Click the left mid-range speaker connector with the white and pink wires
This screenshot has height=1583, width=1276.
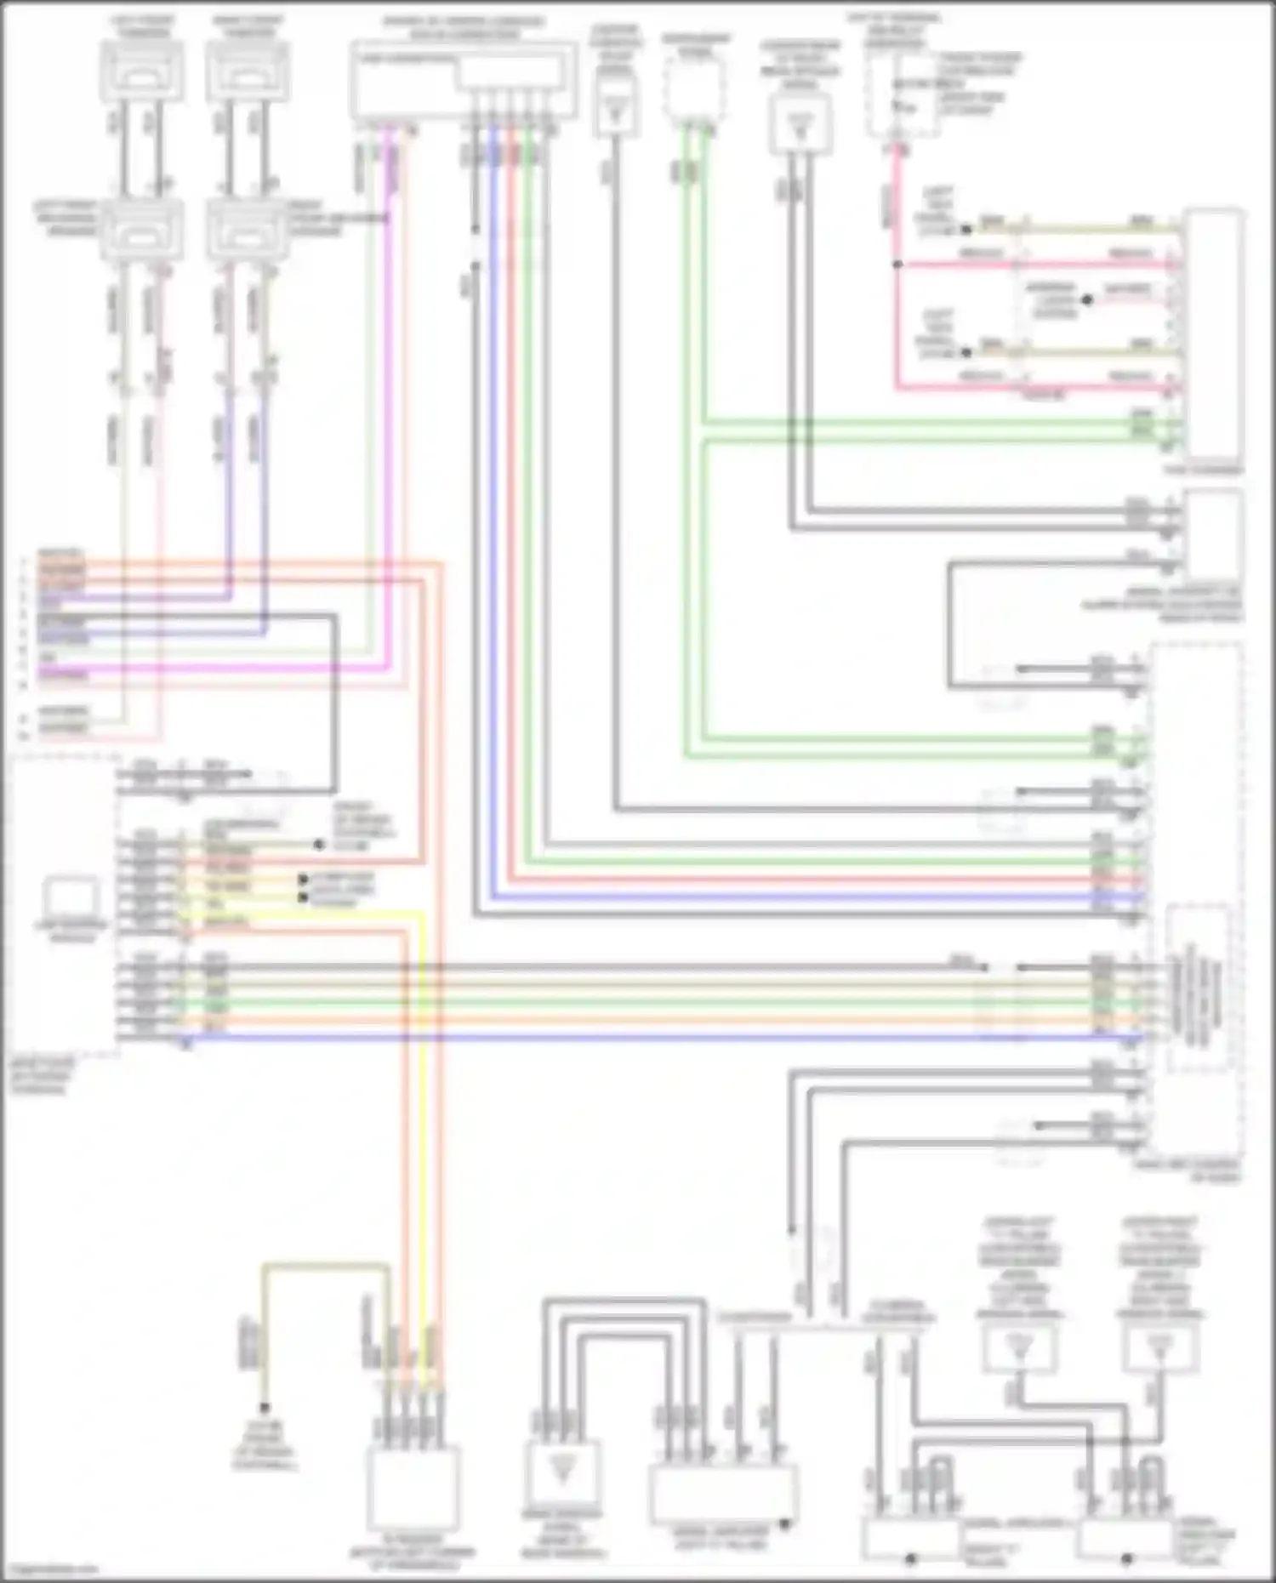141,230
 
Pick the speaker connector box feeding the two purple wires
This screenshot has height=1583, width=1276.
248,230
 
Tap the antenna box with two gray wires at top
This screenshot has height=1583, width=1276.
800,123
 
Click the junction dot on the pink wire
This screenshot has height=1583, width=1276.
897,265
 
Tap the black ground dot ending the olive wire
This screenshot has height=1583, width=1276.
265,1409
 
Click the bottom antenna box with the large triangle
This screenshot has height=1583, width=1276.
561,1472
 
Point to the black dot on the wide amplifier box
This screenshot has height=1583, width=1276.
784,1524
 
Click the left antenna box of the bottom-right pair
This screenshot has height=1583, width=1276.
1019,1347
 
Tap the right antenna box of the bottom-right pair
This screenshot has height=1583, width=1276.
1159,1347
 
